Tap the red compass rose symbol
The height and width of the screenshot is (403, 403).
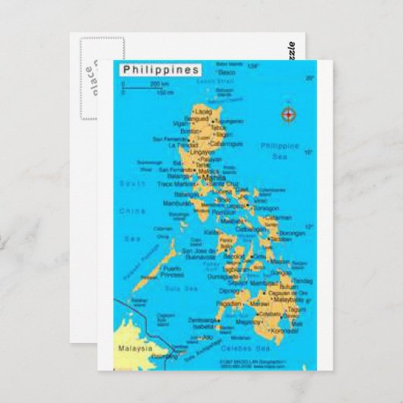289,115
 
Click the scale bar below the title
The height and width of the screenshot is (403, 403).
144,88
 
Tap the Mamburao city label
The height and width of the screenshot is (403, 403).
179,204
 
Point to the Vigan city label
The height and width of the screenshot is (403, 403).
179,123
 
